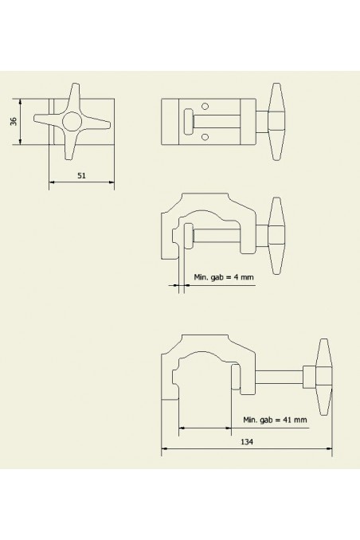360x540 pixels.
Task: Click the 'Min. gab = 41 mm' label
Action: click(x=272, y=419)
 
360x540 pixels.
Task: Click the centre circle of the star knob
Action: click(x=72, y=122)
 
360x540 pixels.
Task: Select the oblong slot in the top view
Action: click(x=188, y=122)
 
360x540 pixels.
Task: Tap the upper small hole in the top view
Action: click(x=205, y=107)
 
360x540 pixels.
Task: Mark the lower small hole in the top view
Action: click(x=205, y=137)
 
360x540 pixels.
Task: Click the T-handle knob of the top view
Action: click(x=278, y=121)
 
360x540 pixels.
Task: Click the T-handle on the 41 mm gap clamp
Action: click(x=323, y=377)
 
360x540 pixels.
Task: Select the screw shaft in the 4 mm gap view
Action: click(x=231, y=236)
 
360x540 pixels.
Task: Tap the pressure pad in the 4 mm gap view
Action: click(x=188, y=236)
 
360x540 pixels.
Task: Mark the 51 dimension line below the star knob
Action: click(x=81, y=182)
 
